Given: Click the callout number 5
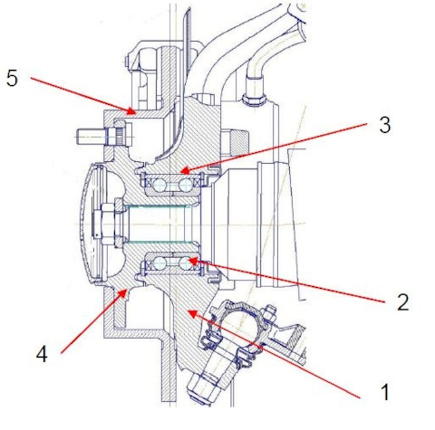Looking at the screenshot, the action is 12,78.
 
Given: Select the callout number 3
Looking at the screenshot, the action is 385,125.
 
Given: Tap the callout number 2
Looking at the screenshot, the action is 403,302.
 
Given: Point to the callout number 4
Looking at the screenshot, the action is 42,354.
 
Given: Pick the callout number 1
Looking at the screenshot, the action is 385,392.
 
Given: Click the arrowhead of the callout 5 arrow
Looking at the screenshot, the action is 130,110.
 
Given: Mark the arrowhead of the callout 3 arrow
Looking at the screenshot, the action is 185,170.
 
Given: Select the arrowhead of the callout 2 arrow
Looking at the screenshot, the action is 193,260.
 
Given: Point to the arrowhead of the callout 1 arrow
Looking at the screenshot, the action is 193,314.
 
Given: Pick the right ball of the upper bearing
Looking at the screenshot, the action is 185,185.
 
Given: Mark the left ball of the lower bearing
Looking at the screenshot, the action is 159,263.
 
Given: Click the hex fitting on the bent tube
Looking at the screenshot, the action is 255,98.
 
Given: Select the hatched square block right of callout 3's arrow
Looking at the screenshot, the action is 239,142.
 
